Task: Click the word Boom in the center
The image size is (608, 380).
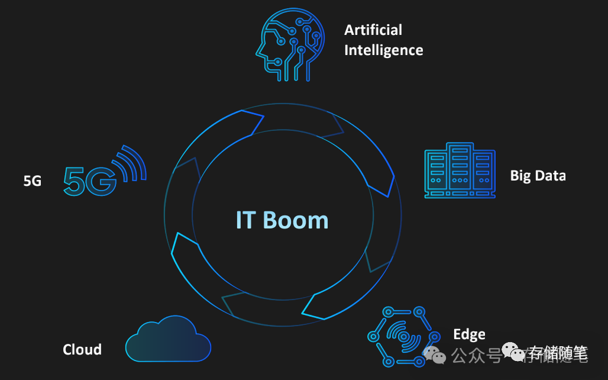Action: (x=296, y=220)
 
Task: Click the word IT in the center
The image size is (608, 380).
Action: (x=246, y=220)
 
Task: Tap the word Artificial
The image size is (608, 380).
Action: (x=373, y=30)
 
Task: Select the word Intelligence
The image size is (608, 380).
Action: (x=383, y=50)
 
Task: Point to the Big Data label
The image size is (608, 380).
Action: (x=538, y=176)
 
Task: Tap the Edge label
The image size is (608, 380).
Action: (x=469, y=334)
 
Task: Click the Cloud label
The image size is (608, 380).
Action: (x=82, y=350)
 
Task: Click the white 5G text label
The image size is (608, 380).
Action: (x=33, y=181)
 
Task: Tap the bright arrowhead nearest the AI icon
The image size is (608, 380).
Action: (x=251, y=122)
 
